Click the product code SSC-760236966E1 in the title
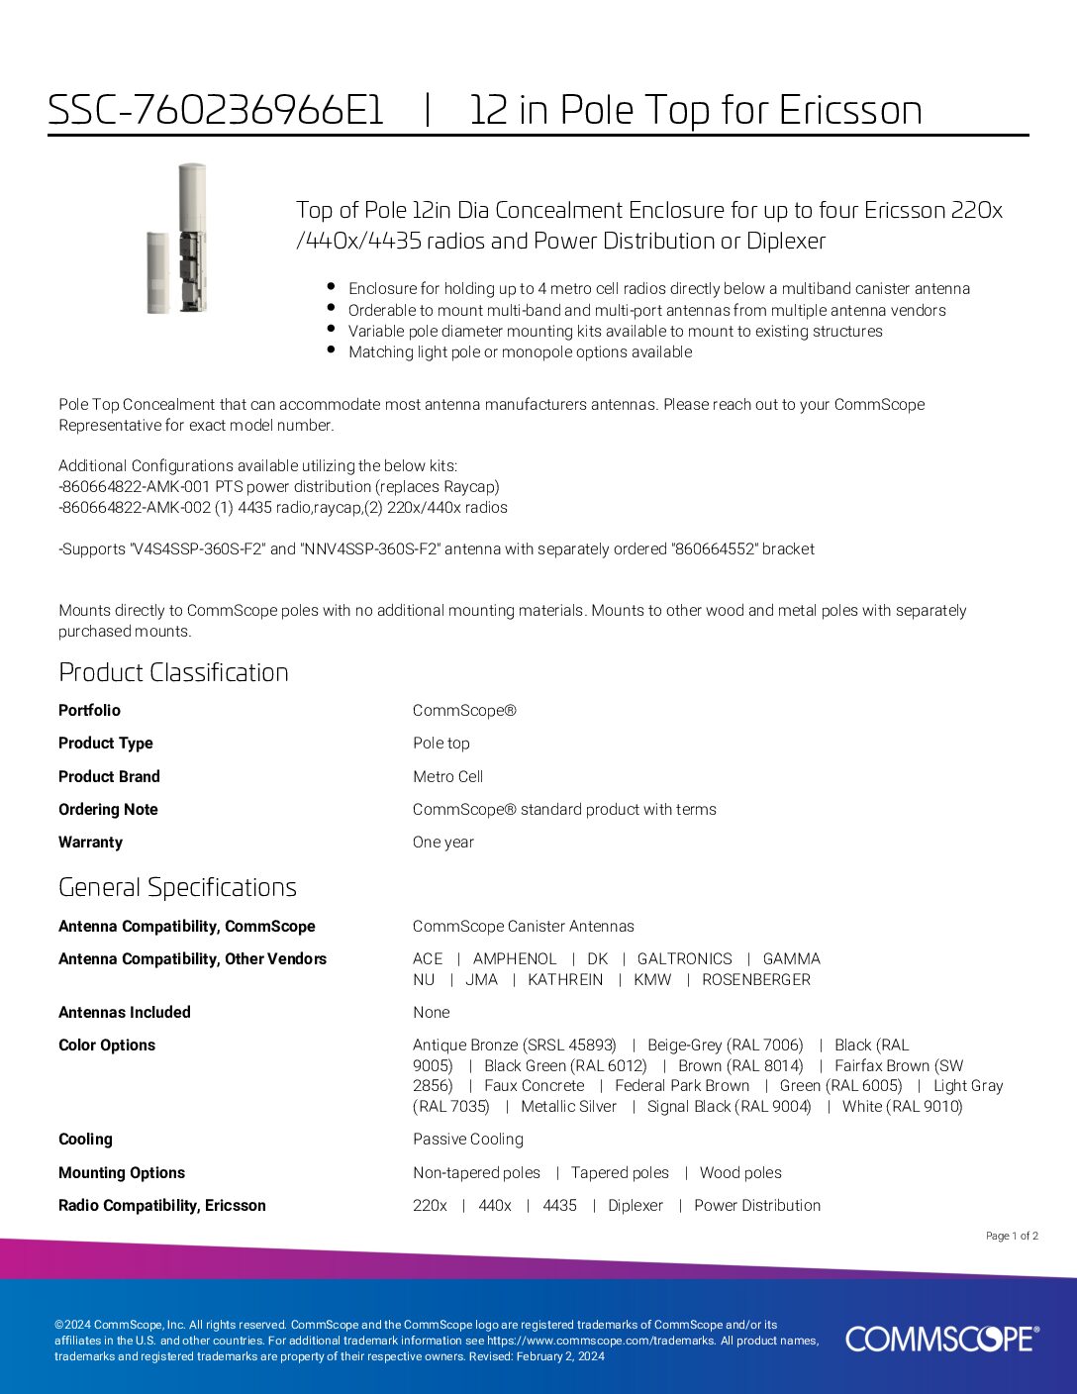coord(216,110)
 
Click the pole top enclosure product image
coord(178,240)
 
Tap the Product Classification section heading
coord(173,672)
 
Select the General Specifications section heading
coord(177,887)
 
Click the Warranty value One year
coord(442,843)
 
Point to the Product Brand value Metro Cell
coord(447,777)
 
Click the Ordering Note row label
coord(108,810)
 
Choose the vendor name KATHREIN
coord(565,980)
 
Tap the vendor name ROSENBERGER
coord(756,980)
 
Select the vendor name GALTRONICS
coord(684,959)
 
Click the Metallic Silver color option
coord(568,1107)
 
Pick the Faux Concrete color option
coord(534,1086)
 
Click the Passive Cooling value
coord(467,1140)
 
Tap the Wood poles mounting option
coord(740,1173)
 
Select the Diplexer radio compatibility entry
coord(636,1206)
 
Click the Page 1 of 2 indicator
coord(1012,1236)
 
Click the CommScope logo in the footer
coord(941,1339)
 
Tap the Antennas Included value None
coord(431,1013)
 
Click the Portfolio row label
coord(89,711)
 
